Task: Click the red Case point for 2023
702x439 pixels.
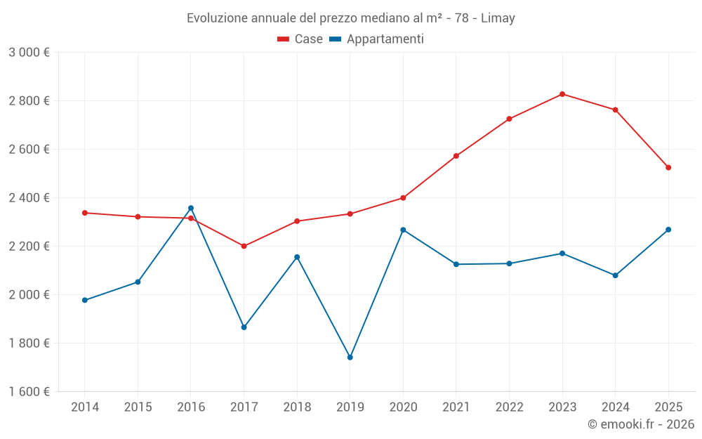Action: point(562,94)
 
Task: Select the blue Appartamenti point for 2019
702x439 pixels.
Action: point(350,358)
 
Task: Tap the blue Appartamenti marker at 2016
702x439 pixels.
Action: point(191,208)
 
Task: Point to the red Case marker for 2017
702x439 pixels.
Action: point(244,246)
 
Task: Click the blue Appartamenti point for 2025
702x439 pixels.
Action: point(668,230)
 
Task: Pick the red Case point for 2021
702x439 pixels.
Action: point(456,156)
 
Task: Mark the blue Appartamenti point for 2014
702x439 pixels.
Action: point(85,300)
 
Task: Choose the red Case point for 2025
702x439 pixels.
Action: point(668,168)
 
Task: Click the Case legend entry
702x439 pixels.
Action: point(300,39)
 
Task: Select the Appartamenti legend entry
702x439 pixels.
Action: point(377,39)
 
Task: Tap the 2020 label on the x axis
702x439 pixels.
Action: point(403,407)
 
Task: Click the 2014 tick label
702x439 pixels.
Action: point(85,407)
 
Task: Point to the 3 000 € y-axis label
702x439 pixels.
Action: point(29,53)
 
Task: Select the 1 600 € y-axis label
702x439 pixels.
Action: point(29,392)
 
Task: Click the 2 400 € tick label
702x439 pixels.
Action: point(29,198)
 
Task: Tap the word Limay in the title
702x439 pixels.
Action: point(498,18)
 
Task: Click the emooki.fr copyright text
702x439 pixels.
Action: point(640,424)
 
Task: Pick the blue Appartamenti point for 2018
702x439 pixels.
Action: point(297,257)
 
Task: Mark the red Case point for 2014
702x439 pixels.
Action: point(85,213)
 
